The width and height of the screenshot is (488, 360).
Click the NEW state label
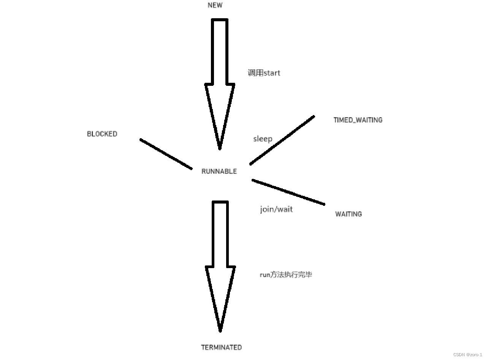tap(215, 5)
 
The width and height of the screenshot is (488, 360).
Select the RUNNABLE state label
tap(219, 171)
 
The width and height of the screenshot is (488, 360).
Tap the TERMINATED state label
tap(221, 347)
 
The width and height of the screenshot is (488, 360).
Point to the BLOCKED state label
tap(102, 134)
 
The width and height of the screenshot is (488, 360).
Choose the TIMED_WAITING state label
tap(358, 120)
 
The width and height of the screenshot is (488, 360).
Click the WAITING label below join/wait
tap(348, 214)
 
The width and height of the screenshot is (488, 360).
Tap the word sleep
tap(263, 139)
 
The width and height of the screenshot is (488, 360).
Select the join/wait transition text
tap(276, 209)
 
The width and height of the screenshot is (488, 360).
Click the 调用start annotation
tap(264, 73)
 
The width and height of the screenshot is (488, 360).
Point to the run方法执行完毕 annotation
tap(286, 275)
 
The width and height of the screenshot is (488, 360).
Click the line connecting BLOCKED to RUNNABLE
tap(166, 154)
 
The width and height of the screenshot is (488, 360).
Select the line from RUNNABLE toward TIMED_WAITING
tap(282, 140)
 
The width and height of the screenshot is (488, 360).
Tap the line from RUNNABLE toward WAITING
tap(288, 192)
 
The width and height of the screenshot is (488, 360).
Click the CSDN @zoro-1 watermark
tap(467, 354)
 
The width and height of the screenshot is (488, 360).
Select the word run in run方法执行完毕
tap(265, 275)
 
